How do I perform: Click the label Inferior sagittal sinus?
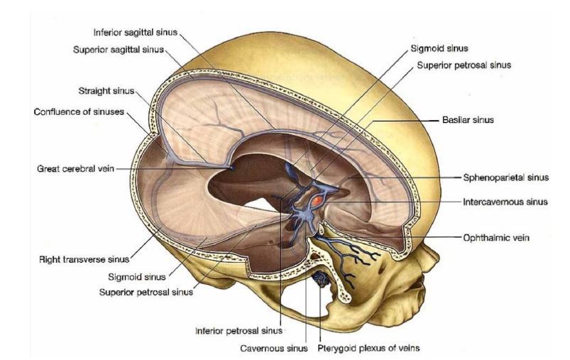[136, 32]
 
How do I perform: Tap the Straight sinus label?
[106, 92]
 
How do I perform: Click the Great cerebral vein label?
[75, 169]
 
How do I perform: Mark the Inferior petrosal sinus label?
[239, 329]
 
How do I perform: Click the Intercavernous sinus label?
[505, 201]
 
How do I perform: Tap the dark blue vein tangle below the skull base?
[321, 278]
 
